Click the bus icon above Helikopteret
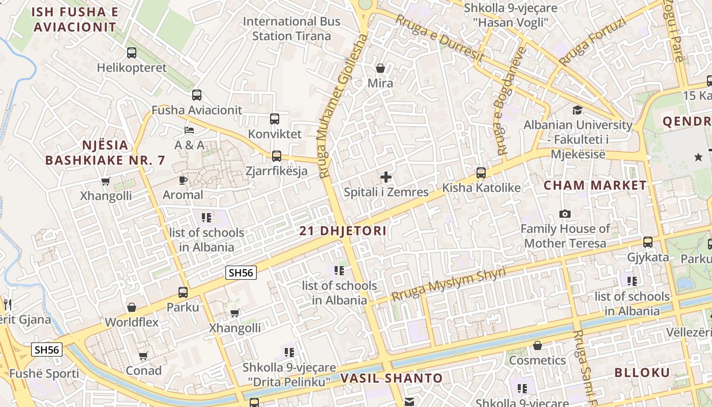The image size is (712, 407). pos(132,52)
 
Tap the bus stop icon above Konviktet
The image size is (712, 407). pos(275,119)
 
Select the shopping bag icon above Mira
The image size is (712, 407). pos(380,68)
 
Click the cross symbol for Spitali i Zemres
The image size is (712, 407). pos(386,177)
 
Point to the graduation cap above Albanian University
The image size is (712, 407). pos(577,110)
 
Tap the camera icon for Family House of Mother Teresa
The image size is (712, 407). pos(565,214)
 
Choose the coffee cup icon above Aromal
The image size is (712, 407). pos(183,180)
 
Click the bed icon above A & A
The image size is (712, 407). pos(189,130)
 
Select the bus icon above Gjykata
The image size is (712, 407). pos(648,242)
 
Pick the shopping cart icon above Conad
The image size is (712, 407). pos(143,356)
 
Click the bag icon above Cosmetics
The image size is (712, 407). pos(538,346)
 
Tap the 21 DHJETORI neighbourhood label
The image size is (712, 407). pos(343,231)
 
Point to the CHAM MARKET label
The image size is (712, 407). pos(595,185)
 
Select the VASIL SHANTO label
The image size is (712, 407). pos(392,378)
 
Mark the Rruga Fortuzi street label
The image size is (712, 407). pos(592,42)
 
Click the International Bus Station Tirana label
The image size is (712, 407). pos(291,28)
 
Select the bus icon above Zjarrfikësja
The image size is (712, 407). pos(277,156)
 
